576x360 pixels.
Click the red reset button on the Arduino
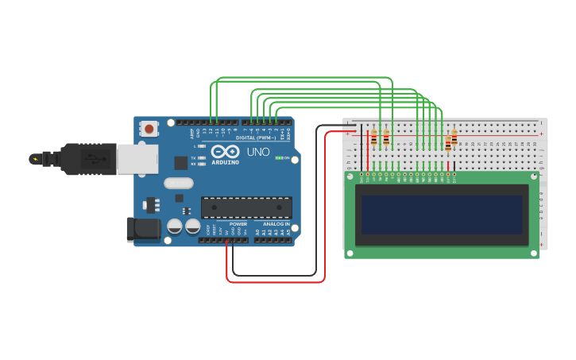(x=149, y=128)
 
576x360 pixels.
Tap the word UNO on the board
(x=257, y=152)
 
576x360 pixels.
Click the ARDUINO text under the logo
(x=226, y=162)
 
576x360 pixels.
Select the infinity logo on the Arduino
(x=226, y=151)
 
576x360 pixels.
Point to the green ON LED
(x=278, y=157)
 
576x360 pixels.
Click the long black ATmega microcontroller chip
(x=246, y=207)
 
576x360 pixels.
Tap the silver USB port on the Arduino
(x=137, y=158)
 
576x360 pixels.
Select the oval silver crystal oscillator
(x=179, y=183)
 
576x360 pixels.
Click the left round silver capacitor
(x=175, y=226)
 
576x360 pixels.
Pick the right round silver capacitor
(x=193, y=226)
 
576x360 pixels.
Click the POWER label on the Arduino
(x=238, y=224)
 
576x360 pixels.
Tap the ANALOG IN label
(x=276, y=224)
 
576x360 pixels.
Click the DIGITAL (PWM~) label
(x=256, y=137)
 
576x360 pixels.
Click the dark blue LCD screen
(x=442, y=215)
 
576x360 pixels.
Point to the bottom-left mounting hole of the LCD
(x=350, y=252)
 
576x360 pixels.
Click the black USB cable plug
(x=87, y=158)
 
